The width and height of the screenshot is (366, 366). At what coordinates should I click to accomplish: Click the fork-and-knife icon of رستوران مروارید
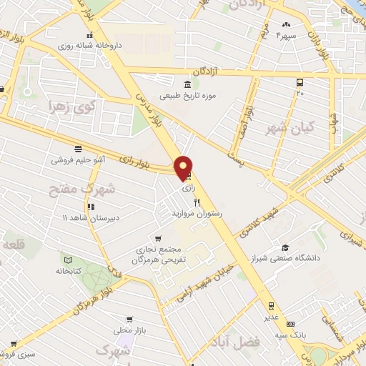(197, 203)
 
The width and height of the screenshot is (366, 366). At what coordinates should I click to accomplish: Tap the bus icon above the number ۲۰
(300, 82)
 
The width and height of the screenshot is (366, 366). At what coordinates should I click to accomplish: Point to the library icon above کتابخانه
(69, 260)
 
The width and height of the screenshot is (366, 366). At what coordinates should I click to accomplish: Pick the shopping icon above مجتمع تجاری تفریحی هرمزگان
(157, 239)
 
